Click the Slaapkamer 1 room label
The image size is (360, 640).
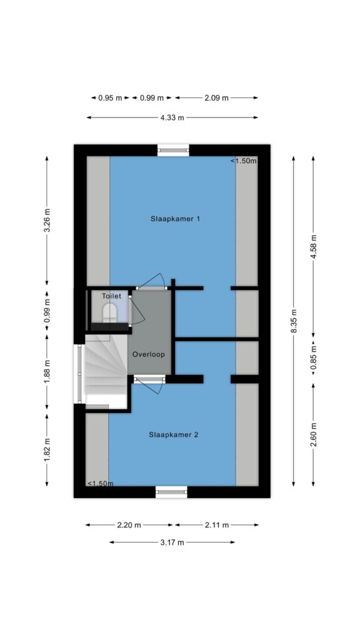pyautogui.click(x=175, y=219)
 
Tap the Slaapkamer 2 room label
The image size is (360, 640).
pyautogui.click(x=174, y=435)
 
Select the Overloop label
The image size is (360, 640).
pyautogui.click(x=149, y=354)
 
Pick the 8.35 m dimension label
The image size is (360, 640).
pyautogui.click(x=294, y=321)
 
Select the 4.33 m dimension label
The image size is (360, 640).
pyautogui.click(x=172, y=117)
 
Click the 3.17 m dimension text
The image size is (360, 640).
pyautogui.click(x=172, y=542)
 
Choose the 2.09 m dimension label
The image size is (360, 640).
pyautogui.click(x=216, y=98)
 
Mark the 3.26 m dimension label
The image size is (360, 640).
pyautogui.click(x=47, y=221)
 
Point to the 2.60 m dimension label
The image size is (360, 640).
pyautogui.click(x=313, y=435)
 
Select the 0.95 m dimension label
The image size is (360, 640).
pyautogui.click(x=110, y=98)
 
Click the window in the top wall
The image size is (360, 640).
pyautogui.click(x=174, y=150)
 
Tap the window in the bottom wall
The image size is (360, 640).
pyautogui.click(x=172, y=492)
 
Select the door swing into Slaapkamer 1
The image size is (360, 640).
pyautogui.click(x=151, y=281)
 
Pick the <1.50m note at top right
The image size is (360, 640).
pyautogui.click(x=244, y=161)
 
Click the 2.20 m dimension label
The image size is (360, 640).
pyautogui.click(x=129, y=525)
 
